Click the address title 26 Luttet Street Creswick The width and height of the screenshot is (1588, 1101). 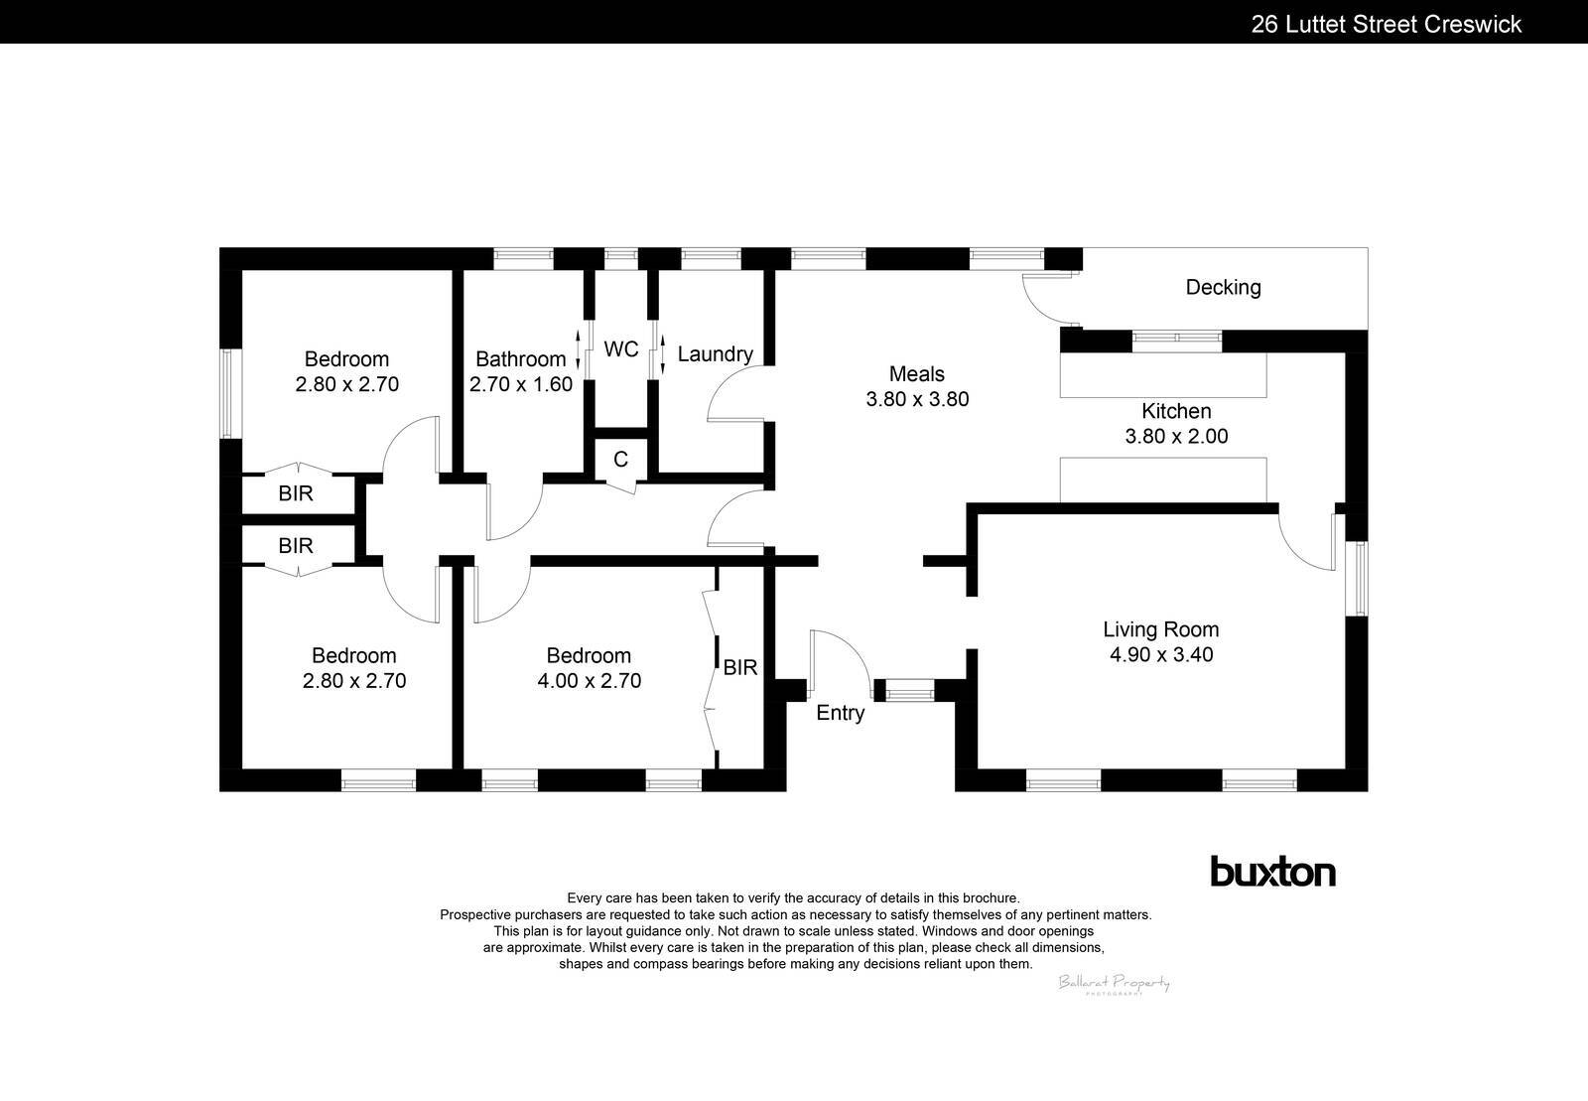pos(1386,24)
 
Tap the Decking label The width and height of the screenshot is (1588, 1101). pos(1223,288)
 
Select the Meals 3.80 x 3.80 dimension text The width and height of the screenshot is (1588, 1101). pos(917,400)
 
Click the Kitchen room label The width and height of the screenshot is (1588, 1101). pos(1176,411)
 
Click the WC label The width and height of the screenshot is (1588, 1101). pos(621,349)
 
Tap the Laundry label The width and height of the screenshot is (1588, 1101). pos(715,354)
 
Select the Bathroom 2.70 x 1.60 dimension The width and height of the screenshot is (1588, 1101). pos(521,384)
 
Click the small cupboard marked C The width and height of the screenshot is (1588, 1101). pos(621,460)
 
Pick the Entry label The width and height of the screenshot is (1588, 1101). pos(841,713)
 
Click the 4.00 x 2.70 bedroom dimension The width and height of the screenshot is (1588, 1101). pos(589,681)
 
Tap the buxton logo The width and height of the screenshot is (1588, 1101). pos(1272,872)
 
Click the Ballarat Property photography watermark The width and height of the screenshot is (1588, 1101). pos(1114,983)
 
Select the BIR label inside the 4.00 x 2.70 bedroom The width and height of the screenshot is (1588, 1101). pos(740,668)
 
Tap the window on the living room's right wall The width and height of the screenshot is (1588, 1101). pos(1362,579)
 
